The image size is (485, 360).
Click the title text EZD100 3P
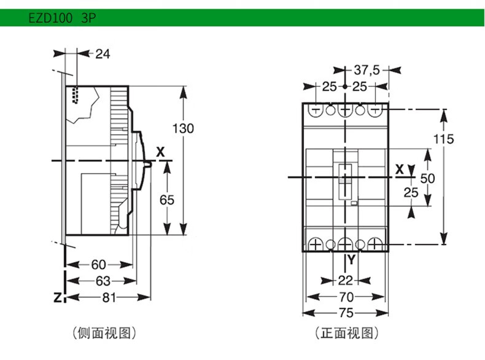(x=62, y=18)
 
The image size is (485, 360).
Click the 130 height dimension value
(x=183, y=128)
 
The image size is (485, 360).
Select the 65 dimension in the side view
(x=167, y=200)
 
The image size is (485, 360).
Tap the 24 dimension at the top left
(x=103, y=54)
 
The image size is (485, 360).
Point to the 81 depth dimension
(x=109, y=297)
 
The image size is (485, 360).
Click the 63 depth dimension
(x=103, y=281)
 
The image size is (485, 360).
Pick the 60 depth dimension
(x=99, y=265)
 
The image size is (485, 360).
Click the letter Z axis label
(x=58, y=297)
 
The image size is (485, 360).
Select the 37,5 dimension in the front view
(x=367, y=70)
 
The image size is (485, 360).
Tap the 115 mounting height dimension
(x=443, y=139)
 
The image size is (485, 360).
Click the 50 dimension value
(x=427, y=178)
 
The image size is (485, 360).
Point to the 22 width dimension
(x=346, y=281)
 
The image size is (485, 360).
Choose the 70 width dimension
(x=346, y=297)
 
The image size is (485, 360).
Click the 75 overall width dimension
(x=346, y=313)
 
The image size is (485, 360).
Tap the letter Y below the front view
(x=351, y=259)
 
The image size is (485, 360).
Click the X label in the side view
(x=160, y=152)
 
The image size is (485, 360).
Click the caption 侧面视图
(x=104, y=333)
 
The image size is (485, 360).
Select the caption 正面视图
(x=347, y=333)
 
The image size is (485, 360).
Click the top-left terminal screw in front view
(x=316, y=110)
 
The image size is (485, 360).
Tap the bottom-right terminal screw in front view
(x=374, y=245)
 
